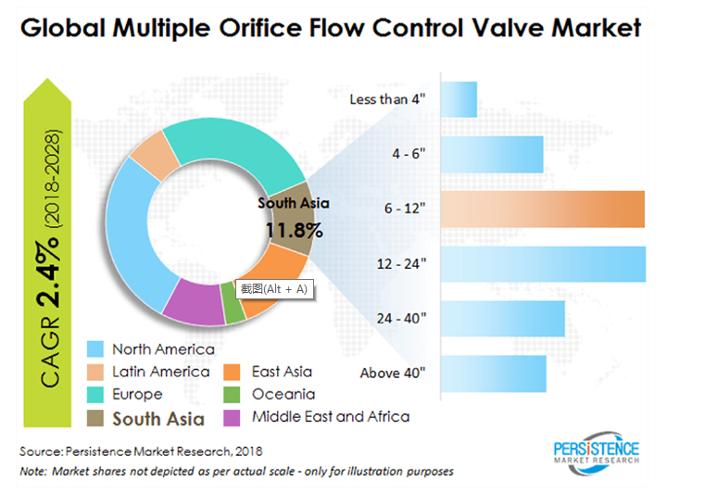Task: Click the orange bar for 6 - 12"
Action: point(542,209)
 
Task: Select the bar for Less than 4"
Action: point(460,99)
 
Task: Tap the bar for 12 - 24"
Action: point(542,263)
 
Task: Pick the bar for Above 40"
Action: point(493,373)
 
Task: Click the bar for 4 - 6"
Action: point(492,154)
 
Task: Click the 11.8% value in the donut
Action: point(294,229)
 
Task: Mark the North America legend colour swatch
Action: point(95,349)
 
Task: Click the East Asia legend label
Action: point(282,372)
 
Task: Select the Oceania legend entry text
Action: point(283,394)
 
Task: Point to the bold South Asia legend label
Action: point(158,419)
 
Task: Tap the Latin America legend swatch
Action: point(95,372)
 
